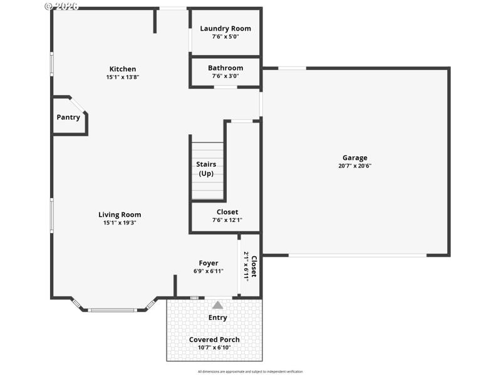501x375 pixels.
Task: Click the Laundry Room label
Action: [225, 28]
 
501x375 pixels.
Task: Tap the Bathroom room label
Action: [225, 68]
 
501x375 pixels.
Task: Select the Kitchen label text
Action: [122, 69]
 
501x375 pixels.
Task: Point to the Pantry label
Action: [68, 117]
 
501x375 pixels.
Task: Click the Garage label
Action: [354, 157]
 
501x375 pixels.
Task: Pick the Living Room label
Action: [120, 214]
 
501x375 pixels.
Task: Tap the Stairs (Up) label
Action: [206, 169]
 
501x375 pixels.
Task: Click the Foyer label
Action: [209, 263]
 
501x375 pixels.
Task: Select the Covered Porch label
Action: [214, 339]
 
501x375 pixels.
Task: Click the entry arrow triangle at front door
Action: [217, 305]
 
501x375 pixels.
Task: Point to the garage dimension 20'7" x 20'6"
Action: [354, 166]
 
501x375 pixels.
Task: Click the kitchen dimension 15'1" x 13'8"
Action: [122, 77]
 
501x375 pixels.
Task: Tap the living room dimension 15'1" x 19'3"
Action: [120, 222]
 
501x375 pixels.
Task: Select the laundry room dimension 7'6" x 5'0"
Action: [225, 36]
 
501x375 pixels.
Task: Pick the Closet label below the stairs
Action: [227, 212]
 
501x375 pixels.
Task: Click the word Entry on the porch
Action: [217, 317]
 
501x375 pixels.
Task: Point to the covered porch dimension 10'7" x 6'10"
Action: [214, 347]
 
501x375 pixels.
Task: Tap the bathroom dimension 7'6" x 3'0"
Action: [225, 76]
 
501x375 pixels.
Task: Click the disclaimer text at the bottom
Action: [250, 371]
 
